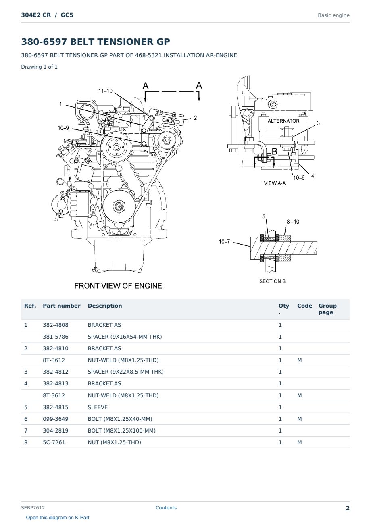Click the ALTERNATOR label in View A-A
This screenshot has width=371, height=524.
point(283,121)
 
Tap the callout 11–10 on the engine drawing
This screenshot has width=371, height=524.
point(105,91)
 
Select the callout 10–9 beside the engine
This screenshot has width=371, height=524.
point(63,128)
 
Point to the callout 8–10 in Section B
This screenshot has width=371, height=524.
point(293,222)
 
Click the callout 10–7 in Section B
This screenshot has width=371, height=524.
point(224,242)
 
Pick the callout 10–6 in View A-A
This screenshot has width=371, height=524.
point(299,178)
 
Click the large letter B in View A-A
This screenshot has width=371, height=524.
point(274,151)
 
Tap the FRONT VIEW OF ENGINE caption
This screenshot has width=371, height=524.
point(118,286)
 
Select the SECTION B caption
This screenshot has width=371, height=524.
point(272,281)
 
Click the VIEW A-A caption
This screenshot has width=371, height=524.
point(275,183)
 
